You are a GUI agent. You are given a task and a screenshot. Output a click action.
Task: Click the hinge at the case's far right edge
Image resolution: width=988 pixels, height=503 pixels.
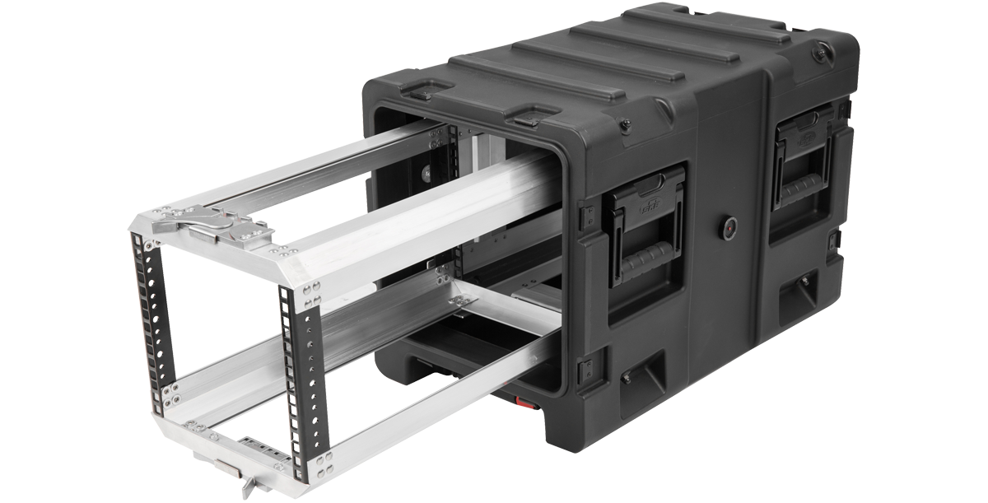(835, 240)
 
